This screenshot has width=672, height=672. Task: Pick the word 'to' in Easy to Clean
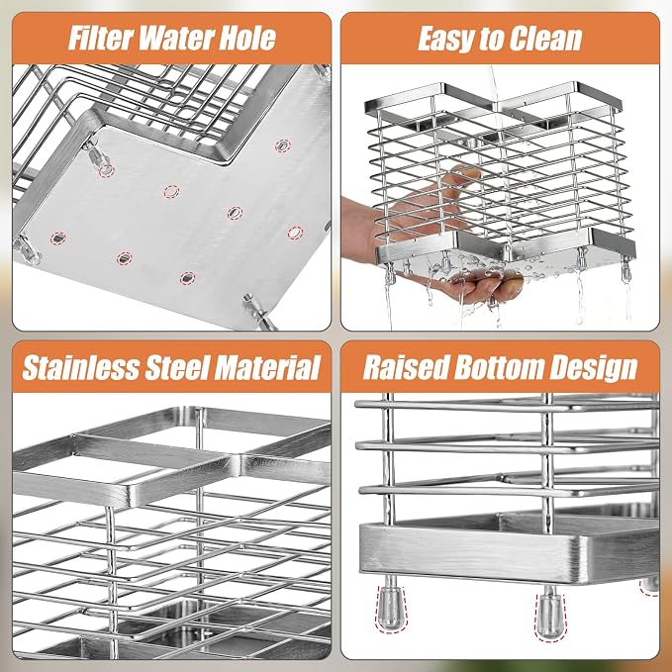click(x=491, y=40)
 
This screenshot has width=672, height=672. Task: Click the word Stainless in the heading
click(x=81, y=368)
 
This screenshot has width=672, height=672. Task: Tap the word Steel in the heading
click(x=177, y=368)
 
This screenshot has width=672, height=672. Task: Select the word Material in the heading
click(x=267, y=368)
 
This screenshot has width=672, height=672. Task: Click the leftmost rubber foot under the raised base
click(x=391, y=607)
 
